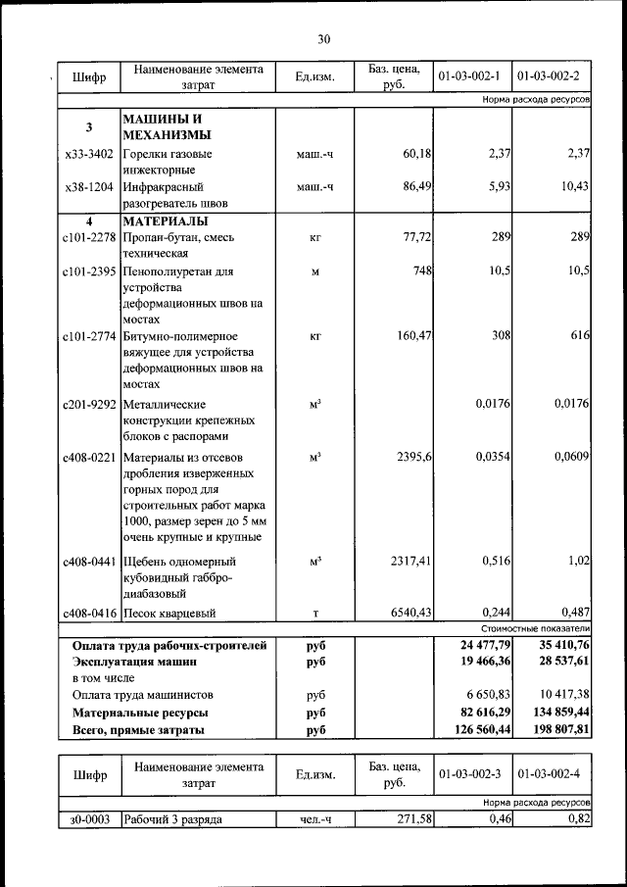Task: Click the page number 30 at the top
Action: [323, 39]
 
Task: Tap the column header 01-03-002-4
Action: [551, 774]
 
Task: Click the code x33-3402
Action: [88, 154]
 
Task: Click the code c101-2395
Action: [88, 271]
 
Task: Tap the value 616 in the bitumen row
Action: [579, 336]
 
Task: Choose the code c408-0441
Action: [88, 563]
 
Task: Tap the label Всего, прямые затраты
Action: [138, 730]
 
